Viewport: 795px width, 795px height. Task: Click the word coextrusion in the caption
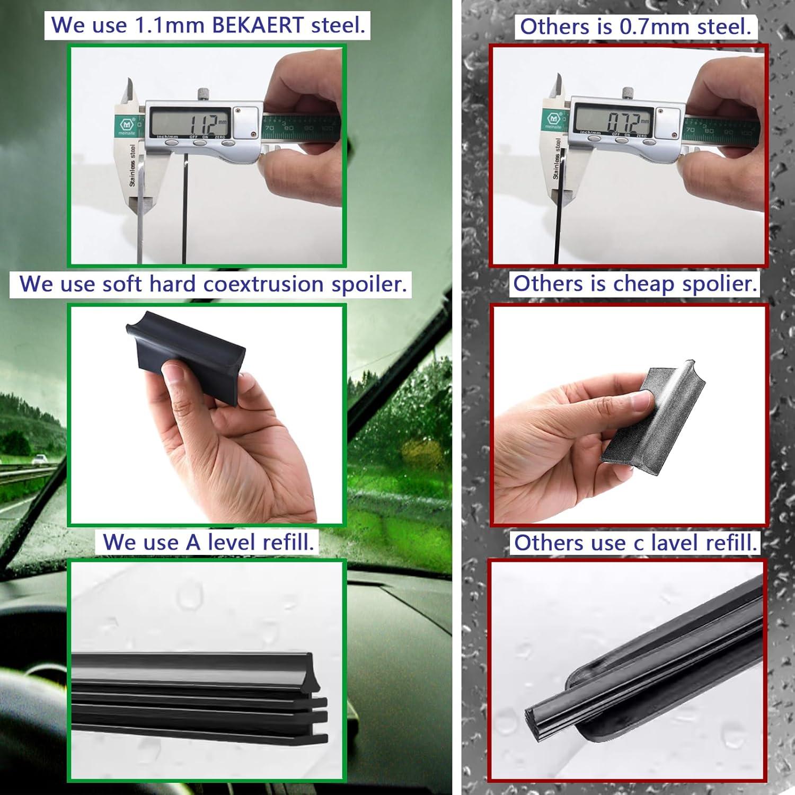(263, 284)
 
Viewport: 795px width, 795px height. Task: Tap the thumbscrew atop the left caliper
(204, 94)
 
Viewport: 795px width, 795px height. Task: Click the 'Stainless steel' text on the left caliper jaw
(132, 165)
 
